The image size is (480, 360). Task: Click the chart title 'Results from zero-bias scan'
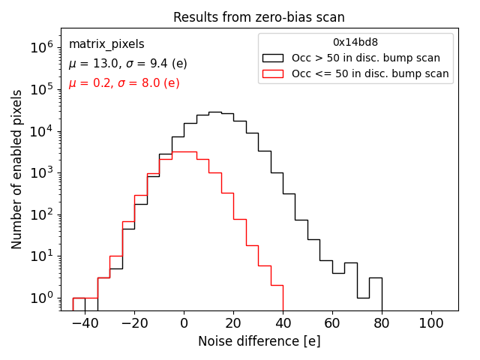click(x=259, y=17)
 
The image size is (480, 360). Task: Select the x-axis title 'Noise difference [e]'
click(x=259, y=341)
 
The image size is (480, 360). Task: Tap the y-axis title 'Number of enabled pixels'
click(x=17, y=169)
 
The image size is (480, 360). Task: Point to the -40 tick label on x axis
click(x=85, y=323)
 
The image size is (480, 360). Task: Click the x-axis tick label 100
click(x=431, y=323)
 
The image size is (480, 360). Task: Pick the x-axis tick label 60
click(x=332, y=323)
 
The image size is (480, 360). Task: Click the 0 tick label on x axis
click(x=184, y=323)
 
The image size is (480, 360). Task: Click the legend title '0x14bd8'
click(x=355, y=43)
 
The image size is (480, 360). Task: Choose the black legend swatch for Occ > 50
click(x=274, y=58)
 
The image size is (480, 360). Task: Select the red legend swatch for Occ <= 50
click(x=274, y=73)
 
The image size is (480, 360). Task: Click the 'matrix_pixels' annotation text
click(x=106, y=44)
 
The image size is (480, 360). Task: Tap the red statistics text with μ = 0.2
click(x=124, y=83)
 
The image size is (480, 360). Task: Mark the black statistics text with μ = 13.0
click(x=127, y=64)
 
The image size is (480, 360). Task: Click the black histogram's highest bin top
click(x=214, y=112)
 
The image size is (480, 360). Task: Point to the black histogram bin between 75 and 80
click(x=376, y=278)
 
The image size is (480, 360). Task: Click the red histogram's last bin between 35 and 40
click(x=277, y=285)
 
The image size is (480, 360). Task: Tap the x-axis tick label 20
click(x=233, y=323)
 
